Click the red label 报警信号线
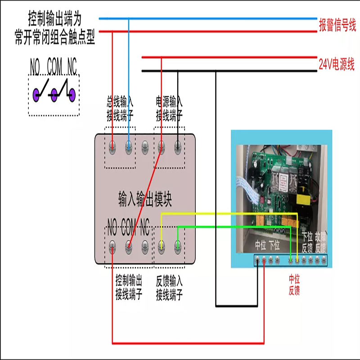(x=337, y=25)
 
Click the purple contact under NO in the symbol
(x=37, y=94)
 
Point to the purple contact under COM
(x=54, y=94)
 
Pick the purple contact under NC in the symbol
(x=72, y=94)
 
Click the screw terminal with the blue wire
(x=129, y=146)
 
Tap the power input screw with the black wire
(x=178, y=146)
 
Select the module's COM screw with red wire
(x=129, y=245)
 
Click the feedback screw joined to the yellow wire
(x=162, y=245)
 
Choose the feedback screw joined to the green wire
(x=178, y=245)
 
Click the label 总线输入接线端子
(x=120, y=108)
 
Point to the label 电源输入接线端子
(x=169, y=108)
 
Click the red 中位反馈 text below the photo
(x=294, y=285)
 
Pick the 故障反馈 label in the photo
(x=320, y=242)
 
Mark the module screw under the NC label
(x=145, y=245)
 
